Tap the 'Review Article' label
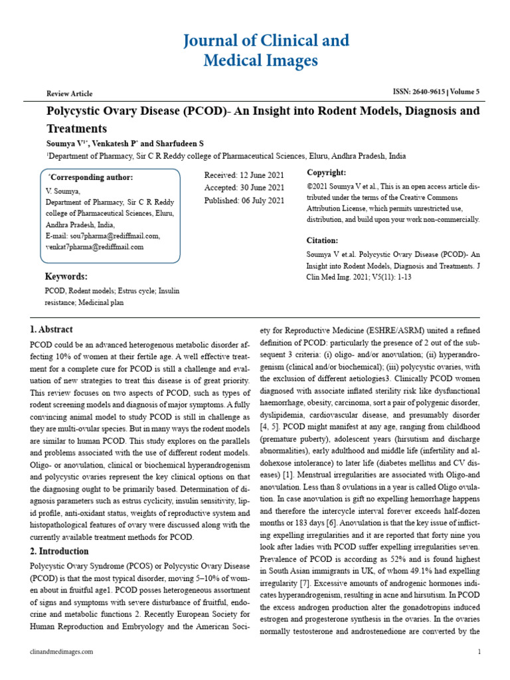(69, 94)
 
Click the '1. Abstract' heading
(52, 329)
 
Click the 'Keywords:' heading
(66, 276)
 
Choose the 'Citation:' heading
(322, 240)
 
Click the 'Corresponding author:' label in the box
(92, 177)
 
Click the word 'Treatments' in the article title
(76, 128)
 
